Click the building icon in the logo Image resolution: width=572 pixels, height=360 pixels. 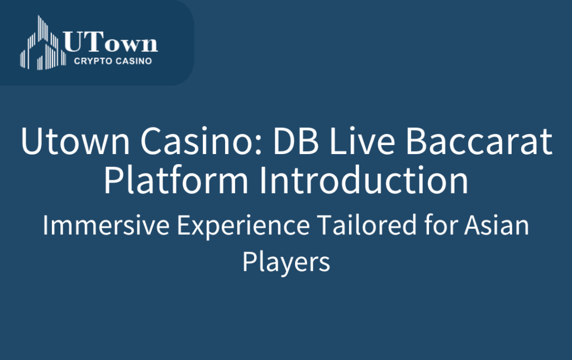[43, 42]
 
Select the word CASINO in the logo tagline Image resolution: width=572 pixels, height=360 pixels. [134, 61]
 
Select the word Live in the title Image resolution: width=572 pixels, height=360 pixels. [362, 141]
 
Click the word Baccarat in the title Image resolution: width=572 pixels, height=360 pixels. [479, 141]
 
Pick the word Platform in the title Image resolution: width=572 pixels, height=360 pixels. [176, 180]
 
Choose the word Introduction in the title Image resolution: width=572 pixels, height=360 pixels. [364, 180]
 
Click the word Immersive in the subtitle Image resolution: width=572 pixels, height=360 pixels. [106, 225]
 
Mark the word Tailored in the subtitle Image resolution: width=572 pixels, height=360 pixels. [367, 225]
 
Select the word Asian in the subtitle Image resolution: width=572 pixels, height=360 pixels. [497, 225]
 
